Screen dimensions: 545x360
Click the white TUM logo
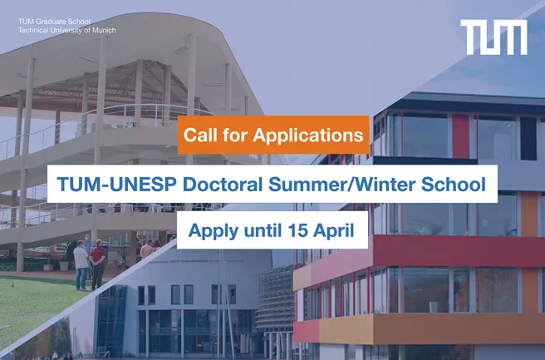[493, 37]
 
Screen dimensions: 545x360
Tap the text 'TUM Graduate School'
[54, 22]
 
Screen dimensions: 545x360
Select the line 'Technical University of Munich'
[67, 30]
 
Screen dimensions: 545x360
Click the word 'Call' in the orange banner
[199, 135]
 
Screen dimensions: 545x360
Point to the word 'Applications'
[308, 136]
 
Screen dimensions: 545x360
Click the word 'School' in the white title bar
[454, 184]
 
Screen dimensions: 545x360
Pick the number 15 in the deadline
[297, 230]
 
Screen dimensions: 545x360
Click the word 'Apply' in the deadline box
[214, 231]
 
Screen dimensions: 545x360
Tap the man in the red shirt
[98, 264]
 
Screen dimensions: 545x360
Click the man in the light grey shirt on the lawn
[81, 265]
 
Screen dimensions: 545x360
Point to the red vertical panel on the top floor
[461, 136]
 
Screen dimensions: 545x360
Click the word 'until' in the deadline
[263, 230]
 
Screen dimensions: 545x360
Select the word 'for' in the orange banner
[233, 135]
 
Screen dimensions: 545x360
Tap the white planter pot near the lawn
[64, 265]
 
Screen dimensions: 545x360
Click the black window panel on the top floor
[528, 139]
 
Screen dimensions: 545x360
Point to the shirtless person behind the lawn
[147, 250]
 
